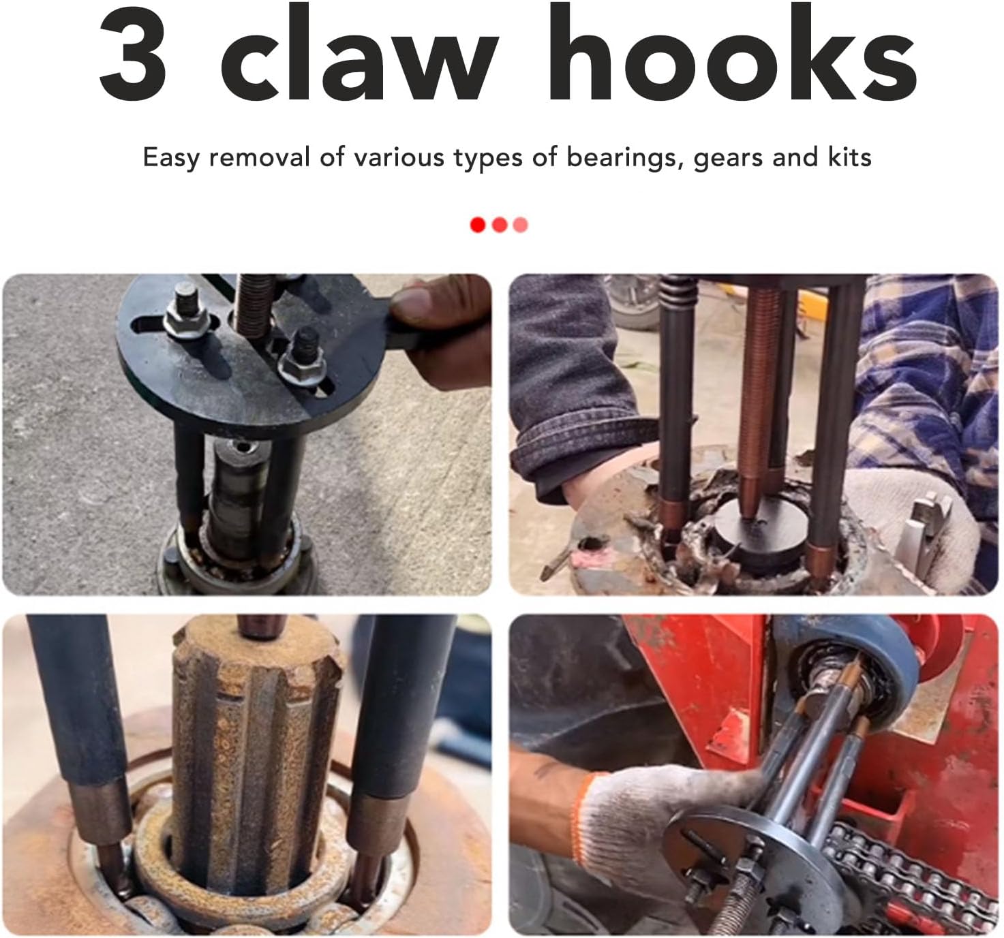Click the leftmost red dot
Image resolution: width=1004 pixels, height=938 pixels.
(x=478, y=225)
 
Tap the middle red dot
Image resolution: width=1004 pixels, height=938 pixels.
(x=500, y=225)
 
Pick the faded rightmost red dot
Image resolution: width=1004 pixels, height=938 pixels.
(x=521, y=225)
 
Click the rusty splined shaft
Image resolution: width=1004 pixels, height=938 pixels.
(x=252, y=749)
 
